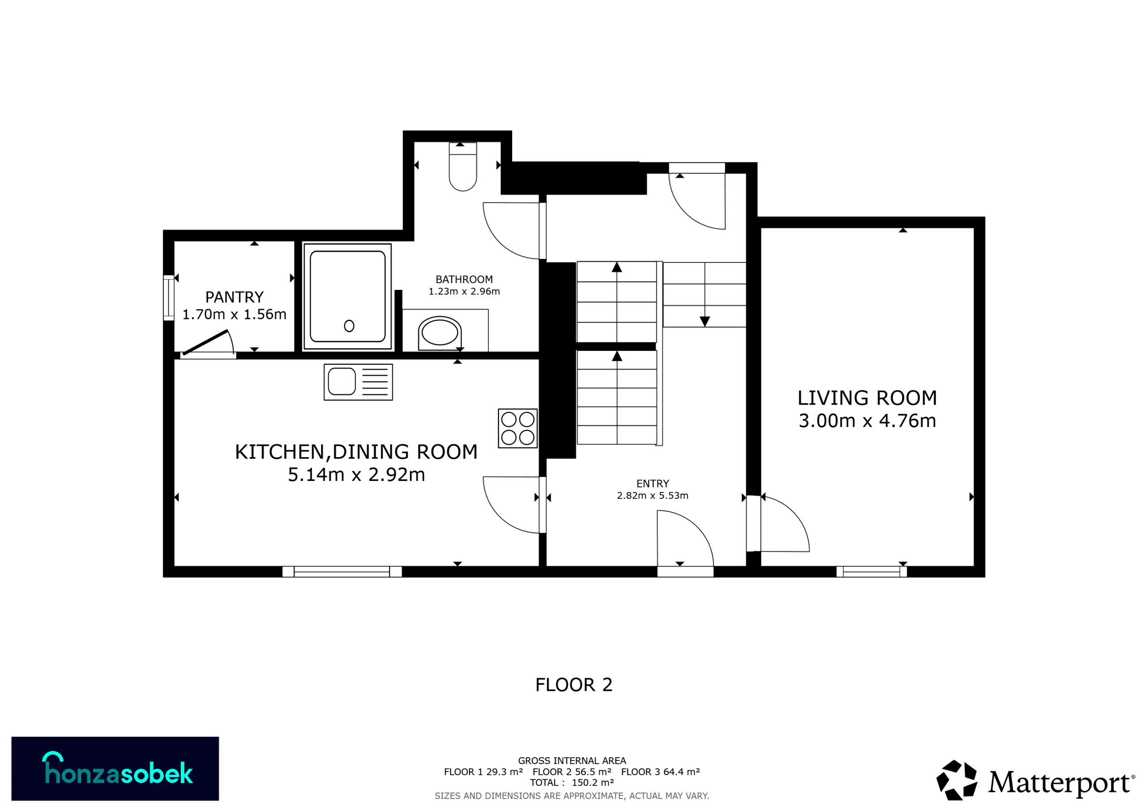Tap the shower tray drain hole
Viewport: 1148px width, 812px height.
coord(349,326)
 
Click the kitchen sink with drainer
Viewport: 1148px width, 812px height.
coord(358,382)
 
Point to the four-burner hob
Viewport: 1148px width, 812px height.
coord(517,428)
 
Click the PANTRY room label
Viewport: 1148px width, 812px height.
coord(234,297)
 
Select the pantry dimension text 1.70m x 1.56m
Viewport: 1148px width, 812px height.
coord(234,314)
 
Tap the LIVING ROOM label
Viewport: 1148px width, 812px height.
coord(867,398)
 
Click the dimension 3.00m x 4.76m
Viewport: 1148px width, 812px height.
coord(867,421)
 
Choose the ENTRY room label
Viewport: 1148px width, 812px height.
coord(652,484)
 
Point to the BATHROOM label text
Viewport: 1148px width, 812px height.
coord(464,279)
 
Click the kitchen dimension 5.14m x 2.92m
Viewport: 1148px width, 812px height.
coord(356,475)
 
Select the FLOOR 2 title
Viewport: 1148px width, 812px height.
coord(574,685)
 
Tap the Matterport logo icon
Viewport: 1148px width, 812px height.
coord(957,780)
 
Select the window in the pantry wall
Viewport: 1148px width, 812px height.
coord(169,298)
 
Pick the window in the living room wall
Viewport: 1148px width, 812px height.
coord(871,572)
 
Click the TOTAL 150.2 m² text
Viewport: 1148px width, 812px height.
coord(572,782)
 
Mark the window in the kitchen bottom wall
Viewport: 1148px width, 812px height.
coord(342,572)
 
